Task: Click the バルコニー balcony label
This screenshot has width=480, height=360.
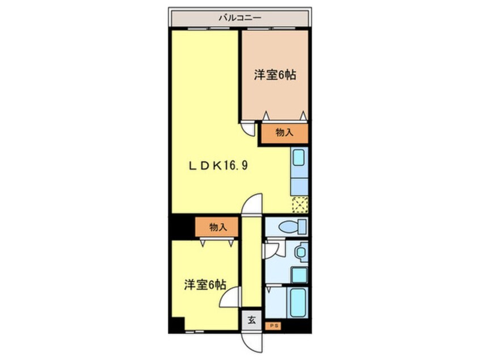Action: [x=239, y=18]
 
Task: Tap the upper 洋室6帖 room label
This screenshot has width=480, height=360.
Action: [x=276, y=74]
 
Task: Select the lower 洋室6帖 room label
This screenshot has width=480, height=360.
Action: [x=205, y=285]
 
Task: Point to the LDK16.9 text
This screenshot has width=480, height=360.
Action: [x=218, y=166]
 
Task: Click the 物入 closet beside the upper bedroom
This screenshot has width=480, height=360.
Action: [x=284, y=133]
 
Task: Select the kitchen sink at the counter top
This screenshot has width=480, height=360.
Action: [x=299, y=158]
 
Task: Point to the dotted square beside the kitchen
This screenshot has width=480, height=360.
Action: [x=299, y=204]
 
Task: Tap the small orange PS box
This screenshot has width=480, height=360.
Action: [x=275, y=326]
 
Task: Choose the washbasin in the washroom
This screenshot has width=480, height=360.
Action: [x=300, y=250]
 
